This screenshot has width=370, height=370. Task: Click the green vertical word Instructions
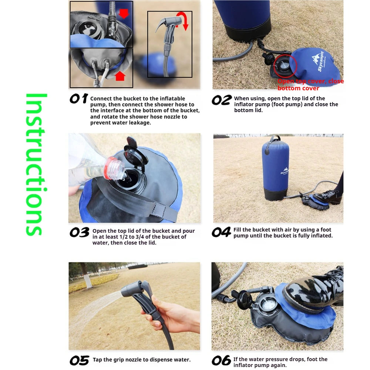[x=36, y=165]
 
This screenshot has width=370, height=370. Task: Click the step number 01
[x=79, y=99]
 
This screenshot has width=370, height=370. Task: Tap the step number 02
[x=221, y=100]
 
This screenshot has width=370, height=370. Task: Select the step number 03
[x=80, y=232]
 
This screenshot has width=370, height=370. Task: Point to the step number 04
[x=221, y=232]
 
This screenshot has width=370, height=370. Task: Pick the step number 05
[x=80, y=360]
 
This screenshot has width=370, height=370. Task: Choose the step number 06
[x=221, y=360]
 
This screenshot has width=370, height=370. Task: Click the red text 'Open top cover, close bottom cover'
[x=310, y=84]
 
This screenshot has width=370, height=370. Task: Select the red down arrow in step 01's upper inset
[x=124, y=13]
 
